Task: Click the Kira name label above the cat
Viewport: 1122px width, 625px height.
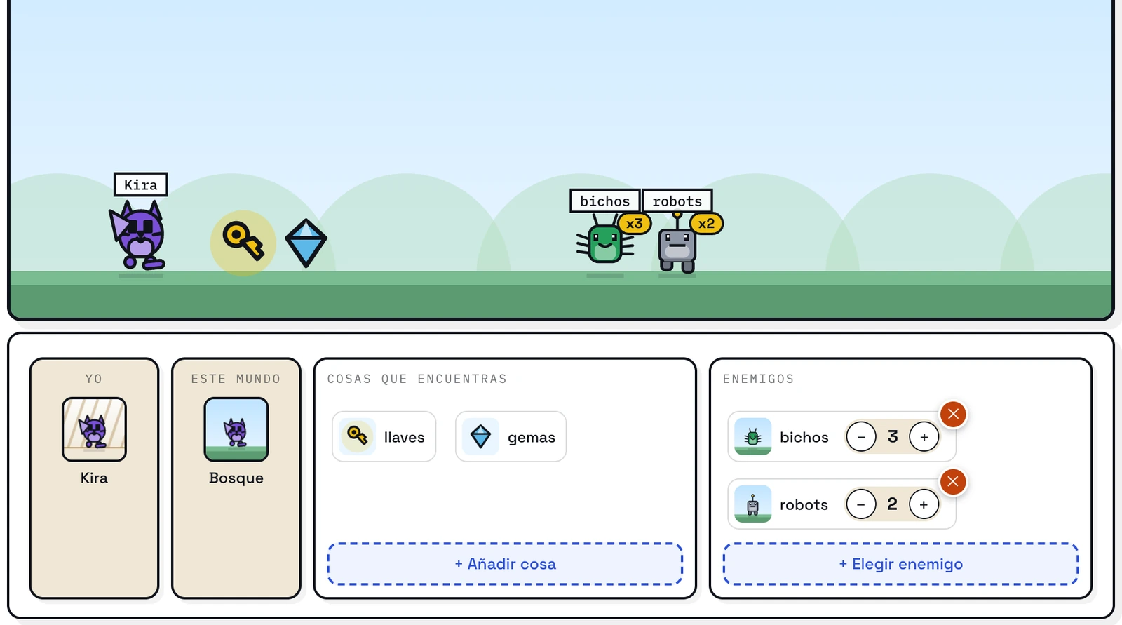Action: [141, 184]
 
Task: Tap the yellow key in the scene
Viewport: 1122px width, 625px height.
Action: [243, 241]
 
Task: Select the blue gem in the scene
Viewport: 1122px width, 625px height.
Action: [306, 243]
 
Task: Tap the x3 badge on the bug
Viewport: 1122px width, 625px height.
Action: [635, 223]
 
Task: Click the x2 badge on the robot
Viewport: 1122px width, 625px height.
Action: [706, 223]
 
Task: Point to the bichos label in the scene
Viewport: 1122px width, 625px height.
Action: [604, 201]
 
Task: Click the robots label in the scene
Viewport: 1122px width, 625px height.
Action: [677, 201]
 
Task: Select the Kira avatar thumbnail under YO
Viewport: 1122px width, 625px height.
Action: [94, 429]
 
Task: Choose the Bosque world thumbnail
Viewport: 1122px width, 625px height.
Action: [236, 429]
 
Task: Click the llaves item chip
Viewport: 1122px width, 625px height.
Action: [384, 436]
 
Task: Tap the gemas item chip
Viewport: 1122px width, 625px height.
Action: [511, 436]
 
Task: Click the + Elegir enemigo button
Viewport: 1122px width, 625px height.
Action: [900, 564]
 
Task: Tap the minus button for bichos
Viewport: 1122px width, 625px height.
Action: [861, 436]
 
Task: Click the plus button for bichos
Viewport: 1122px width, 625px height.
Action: [924, 436]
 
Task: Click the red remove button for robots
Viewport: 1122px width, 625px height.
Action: [953, 482]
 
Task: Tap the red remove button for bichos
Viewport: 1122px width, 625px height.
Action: [953, 414]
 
